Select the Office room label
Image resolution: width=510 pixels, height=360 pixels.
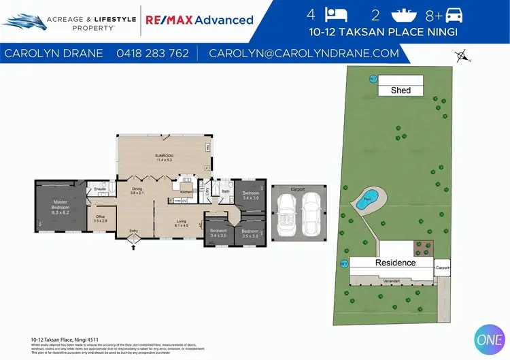(x=100, y=218)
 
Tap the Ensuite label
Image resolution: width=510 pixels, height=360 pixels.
(x=100, y=189)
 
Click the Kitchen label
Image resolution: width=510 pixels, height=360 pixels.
(x=186, y=192)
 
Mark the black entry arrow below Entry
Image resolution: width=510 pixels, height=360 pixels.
(x=133, y=248)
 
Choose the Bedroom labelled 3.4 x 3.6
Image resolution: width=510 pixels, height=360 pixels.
(x=251, y=195)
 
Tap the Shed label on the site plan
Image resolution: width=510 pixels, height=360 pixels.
(x=401, y=90)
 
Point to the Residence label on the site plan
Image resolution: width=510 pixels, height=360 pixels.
(x=395, y=262)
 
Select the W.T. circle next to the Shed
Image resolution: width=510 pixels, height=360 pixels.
(x=373, y=78)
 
